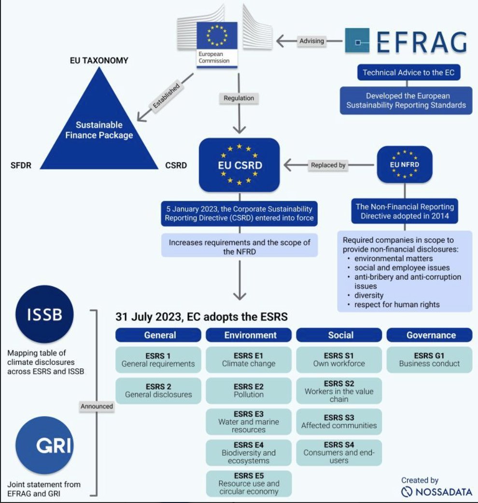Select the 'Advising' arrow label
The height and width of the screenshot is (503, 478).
pos(311,41)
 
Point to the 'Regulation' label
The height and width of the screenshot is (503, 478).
pos(239,98)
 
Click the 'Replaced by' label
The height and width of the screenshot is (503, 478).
pos(328,165)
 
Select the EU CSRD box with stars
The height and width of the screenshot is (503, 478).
pos(239,165)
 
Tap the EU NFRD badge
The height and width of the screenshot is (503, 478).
pos(405,164)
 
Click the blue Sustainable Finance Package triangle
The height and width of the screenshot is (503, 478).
pos(99,128)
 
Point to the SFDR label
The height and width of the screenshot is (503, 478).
pos(22,166)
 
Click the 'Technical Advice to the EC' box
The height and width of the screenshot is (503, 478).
pos(409,73)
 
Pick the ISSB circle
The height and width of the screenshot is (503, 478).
pos(44,314)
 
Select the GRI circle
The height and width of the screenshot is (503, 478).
pos(44,445)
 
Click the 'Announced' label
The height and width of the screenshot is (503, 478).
pos(97,406)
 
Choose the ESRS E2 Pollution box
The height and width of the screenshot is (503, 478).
pos(249,391)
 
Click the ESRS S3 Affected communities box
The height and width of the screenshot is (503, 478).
pos(339,421)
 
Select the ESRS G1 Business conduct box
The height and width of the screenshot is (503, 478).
pos(429,360)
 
